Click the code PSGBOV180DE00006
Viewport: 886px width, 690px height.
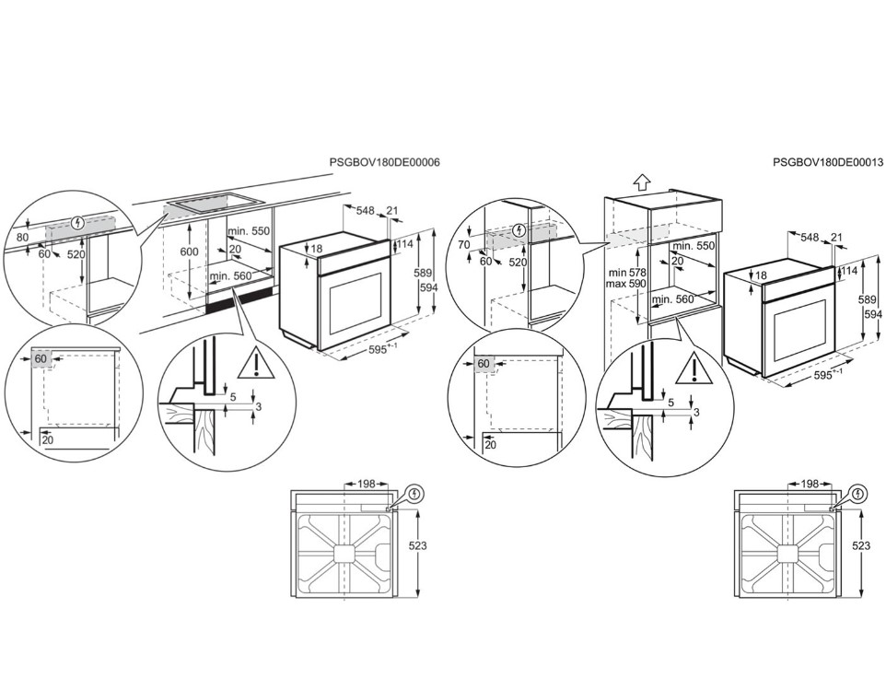(x=384, y=162)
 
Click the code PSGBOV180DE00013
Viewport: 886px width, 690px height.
(x=828, y=162)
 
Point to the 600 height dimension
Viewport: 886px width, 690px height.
(x=190, y=251)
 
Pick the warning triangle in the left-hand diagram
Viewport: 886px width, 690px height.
(x=256, y=363)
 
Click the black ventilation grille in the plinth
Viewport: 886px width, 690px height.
(x=240, y=304)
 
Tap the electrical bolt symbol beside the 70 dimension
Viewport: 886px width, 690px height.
(x=520, y=230)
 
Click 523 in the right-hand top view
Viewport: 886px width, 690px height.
(x=861, y=545)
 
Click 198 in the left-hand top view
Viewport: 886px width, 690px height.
(x=367, y=484)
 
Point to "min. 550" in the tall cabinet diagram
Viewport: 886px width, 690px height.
(x=694, y=246)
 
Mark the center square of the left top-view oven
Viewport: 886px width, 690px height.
(x=344, y=554)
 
